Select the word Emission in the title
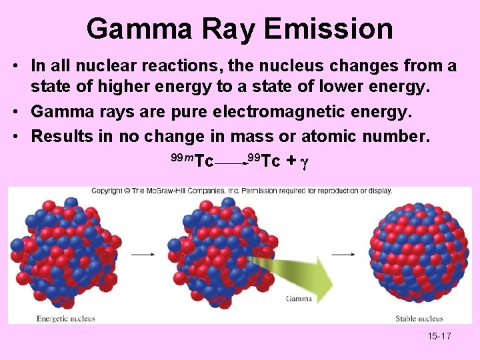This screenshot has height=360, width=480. pos(329,29)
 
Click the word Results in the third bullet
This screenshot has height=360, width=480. pos(63,137)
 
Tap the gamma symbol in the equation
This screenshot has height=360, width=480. pos(303,161)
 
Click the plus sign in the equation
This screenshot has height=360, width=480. pos(291,161)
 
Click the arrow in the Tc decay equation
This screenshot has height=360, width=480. pos(231,161)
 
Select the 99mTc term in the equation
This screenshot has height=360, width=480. pos(192,160)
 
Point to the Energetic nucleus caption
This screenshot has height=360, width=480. pos(65,318)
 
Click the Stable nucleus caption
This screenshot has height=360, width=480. pos(419,319)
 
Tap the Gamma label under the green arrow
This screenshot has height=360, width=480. pos(299,299)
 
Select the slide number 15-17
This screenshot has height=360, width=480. pos(439,336)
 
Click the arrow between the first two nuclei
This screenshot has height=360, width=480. pos(143,253)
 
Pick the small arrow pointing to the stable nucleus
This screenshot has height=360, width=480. pos(343,253)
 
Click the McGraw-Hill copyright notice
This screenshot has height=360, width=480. pos(241,191)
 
